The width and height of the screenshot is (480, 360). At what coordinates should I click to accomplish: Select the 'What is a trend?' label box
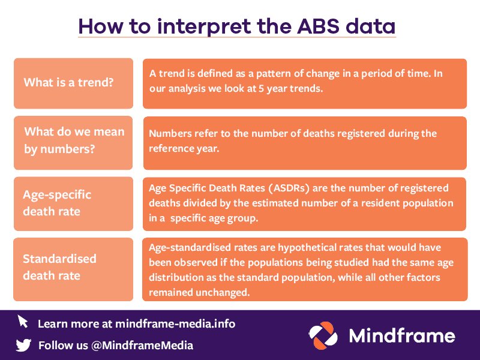click(x=73, y=83)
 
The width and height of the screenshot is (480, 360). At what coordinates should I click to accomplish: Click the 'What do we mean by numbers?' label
click(x=73, y=140)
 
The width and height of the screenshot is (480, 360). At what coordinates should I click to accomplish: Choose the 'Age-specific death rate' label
click(x=73, y=203)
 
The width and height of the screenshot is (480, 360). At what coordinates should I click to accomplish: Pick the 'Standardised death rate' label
click(x=73, y=268)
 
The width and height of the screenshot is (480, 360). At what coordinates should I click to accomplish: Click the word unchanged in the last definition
click(x=215, y=292)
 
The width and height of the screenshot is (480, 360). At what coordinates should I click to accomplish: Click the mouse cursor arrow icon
click(x=23, y=322)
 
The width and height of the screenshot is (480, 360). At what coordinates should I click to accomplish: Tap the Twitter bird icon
click(x=23, y=345)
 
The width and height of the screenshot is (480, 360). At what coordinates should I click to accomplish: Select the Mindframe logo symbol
click(x=325, y=335)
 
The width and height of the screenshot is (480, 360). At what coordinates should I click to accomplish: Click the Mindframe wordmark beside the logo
click(x=402, y=335)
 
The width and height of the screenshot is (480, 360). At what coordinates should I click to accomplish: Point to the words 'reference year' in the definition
click(x=184, y=148)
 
